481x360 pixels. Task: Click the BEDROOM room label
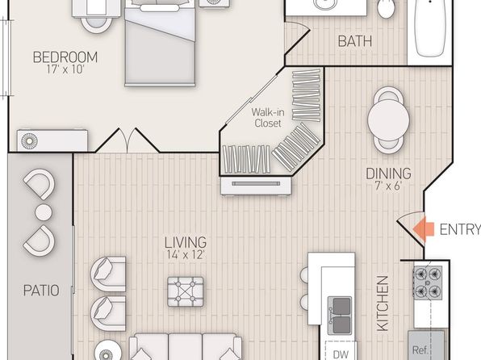pyautogui.click(x=65, y=57)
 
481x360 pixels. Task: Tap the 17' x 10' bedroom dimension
pyautogui.click(x=65, y=69)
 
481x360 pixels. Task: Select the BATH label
pyautogui.click(x=355, y=41)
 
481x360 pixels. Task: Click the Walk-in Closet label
pyautogui.click(x=268, y=118)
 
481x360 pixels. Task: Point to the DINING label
pyautogui.click(x=388, y=174)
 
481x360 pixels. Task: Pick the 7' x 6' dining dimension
pyautogui.click(x=388, y=186)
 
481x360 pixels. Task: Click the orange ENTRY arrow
pyautogui.click(x=424, y=229)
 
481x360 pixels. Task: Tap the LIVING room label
pyautogui.click(x=186, y=242)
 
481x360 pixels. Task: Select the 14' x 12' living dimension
pyautogui.click(x=186, y=254)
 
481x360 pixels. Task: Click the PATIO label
pyautogui.click(x=41, y=291)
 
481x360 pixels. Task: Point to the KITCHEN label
pyautogui.click(x=383, y=303)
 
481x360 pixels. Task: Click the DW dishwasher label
pyautogui.click(x=341, y=354)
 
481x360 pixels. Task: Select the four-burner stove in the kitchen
pyautogui.click(x=428, y=283)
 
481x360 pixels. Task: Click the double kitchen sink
pyautogui.click(x=340, y=315)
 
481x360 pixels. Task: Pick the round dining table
pyautogui.click(x=388, y=120)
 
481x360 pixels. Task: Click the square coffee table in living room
pyautogui.click(x=186, y=291)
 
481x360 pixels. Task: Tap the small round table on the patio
pyautogui.click(x=44, y=212)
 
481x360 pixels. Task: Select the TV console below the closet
pyautogui.click(x=256, y=186)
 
